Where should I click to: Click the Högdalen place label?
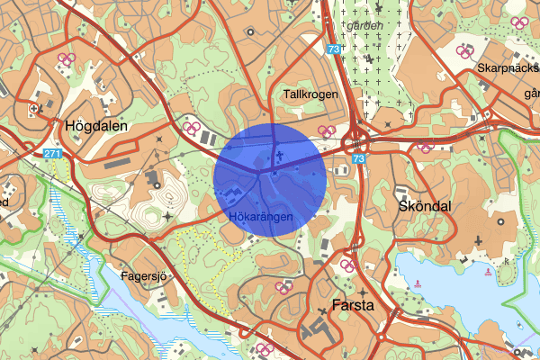click(x=99, y=127)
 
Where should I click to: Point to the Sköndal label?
click(x=423, y=206)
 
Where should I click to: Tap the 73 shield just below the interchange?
click(x=360, y=159)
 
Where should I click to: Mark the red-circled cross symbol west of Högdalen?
click(x=34, y=109)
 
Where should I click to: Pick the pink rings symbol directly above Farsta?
click(x=346, y=265)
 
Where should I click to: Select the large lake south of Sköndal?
click(x=459, y=288)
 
